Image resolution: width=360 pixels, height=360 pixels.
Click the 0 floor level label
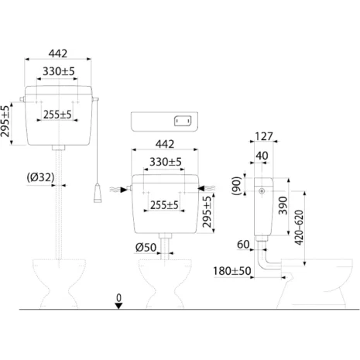click(x=118, y=297)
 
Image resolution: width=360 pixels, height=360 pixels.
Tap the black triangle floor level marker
click(x=118, y=307)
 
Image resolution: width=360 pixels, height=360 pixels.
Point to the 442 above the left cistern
click(x=57, y=53)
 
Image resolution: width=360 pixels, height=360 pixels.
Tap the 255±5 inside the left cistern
click(x=58, y=115)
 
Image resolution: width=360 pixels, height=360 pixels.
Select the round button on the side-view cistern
click(x=262, y=189)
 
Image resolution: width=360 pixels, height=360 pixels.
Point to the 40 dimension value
click(x=263, y=155)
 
